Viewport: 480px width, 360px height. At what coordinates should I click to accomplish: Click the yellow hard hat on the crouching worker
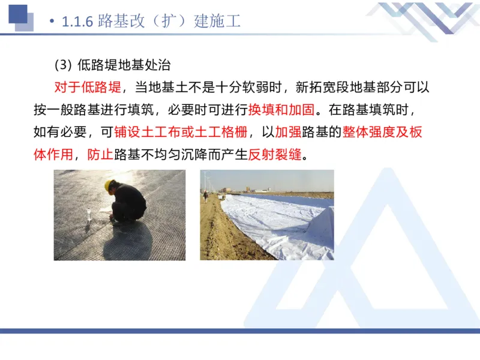pos(110,187)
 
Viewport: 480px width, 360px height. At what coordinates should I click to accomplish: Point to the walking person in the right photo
pos(205,196)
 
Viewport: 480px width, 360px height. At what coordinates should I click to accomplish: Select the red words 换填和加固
pos(281,110)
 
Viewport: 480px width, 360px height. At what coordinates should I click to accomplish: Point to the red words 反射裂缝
pos(275,154)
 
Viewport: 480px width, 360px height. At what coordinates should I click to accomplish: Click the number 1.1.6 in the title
pos(77,22)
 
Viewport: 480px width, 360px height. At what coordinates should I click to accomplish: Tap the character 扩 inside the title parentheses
pos(164,22)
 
